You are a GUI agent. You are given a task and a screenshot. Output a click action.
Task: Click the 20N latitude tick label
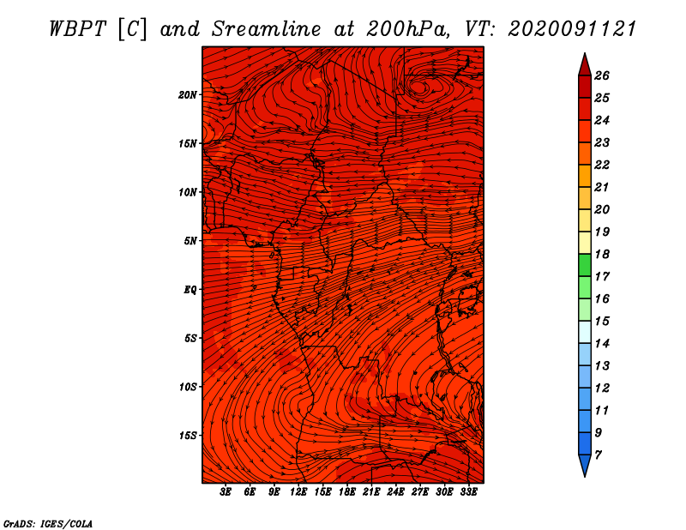tap(188, 95)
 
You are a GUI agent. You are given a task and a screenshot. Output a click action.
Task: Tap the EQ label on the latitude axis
tap(190, 290)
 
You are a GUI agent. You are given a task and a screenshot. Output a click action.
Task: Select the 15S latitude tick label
tap(188, 436)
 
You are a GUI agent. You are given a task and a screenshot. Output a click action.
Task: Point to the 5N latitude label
tap(190, 241)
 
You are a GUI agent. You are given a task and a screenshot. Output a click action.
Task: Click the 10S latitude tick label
tap(188, 387)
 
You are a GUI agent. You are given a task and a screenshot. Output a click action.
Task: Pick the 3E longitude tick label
tap(226, 492)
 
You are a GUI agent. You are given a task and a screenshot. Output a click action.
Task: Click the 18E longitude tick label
tap(347, 492)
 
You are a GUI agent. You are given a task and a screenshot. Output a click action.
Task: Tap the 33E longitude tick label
tap(468, 492)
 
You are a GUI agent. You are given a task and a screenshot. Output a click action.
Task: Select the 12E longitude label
tap(298, 492)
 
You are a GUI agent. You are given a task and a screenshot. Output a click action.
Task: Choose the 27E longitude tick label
tap(420, 492)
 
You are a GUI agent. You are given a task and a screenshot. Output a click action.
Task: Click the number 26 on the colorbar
tap(602, 75)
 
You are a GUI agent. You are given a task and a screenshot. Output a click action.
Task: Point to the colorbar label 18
tap(602, 254)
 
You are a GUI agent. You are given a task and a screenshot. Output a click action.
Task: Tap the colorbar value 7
tap(598, 455)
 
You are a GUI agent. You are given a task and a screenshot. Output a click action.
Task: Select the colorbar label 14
tap(602, 344)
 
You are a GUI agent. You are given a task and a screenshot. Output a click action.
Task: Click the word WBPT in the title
tap(77, 29)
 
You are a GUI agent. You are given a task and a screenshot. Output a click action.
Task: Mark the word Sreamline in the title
tap(266, 29)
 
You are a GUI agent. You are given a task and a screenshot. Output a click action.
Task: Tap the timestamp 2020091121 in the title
tap(572, 29)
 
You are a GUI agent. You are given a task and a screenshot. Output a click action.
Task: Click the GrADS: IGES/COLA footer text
tap(48, 524)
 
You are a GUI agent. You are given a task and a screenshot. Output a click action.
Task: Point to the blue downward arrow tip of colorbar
tap(585, 476)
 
